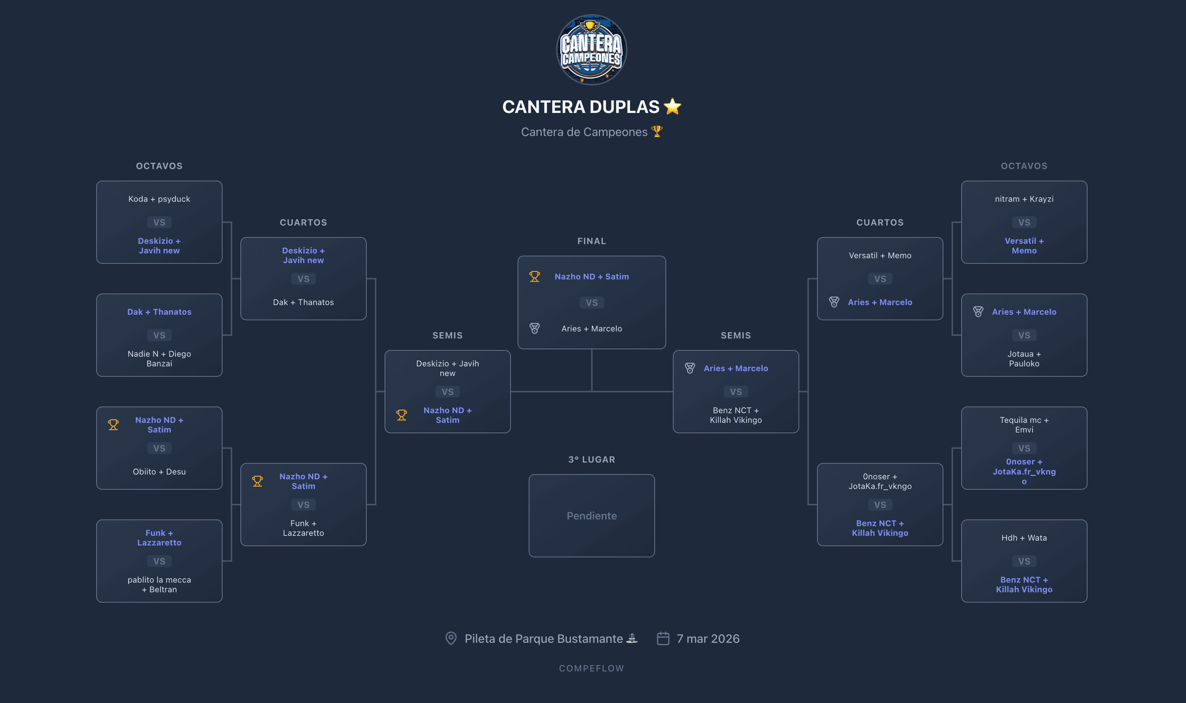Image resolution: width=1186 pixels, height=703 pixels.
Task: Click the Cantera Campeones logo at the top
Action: tap(592, 50)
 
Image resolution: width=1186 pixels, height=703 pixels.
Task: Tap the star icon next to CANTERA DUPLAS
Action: tap(672, 107)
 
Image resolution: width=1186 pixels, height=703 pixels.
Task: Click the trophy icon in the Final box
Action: tap(534, 277)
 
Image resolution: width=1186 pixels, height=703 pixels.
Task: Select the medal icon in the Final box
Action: tap(534, 328)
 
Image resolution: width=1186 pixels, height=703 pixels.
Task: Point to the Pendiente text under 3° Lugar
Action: tap(592, 516)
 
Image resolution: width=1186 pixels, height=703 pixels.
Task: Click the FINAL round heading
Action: tap(592, 241)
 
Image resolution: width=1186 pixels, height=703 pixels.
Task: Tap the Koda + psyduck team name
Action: tap(159, 199)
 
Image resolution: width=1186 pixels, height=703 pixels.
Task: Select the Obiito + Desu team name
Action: tap(159, 472)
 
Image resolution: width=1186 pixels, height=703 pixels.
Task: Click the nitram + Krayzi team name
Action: tap(1024, 199)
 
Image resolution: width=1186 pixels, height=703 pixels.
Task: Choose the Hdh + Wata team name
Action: tap(1024, 538)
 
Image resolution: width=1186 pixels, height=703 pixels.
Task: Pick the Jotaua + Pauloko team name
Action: tap(1024, 359)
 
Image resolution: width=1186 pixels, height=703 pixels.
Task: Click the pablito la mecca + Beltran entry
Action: tap(159, 584)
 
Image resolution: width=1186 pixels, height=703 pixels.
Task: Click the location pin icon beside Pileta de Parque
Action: tap(451, 639)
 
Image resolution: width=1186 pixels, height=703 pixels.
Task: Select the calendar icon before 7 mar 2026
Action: tap(663, 639)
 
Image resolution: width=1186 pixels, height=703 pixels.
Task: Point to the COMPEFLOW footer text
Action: tap(592, 668)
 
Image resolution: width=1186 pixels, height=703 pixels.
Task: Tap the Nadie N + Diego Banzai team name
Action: tap(159, 359)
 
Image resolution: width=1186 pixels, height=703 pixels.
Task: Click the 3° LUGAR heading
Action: tap(592, 460)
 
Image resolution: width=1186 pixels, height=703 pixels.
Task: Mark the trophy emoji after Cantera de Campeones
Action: tap(657, 132)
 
